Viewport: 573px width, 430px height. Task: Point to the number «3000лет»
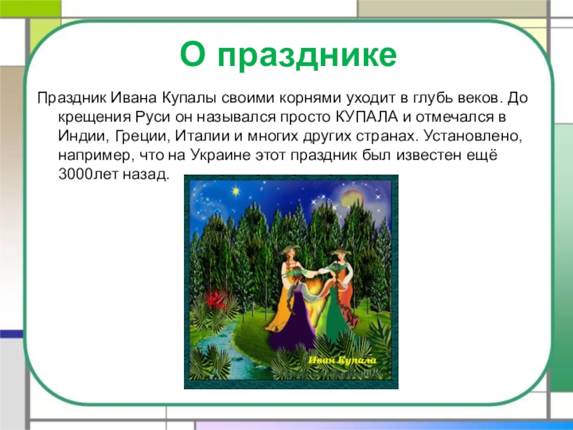(85, 173)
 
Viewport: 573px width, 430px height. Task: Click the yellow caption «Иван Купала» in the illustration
(342, 361)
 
